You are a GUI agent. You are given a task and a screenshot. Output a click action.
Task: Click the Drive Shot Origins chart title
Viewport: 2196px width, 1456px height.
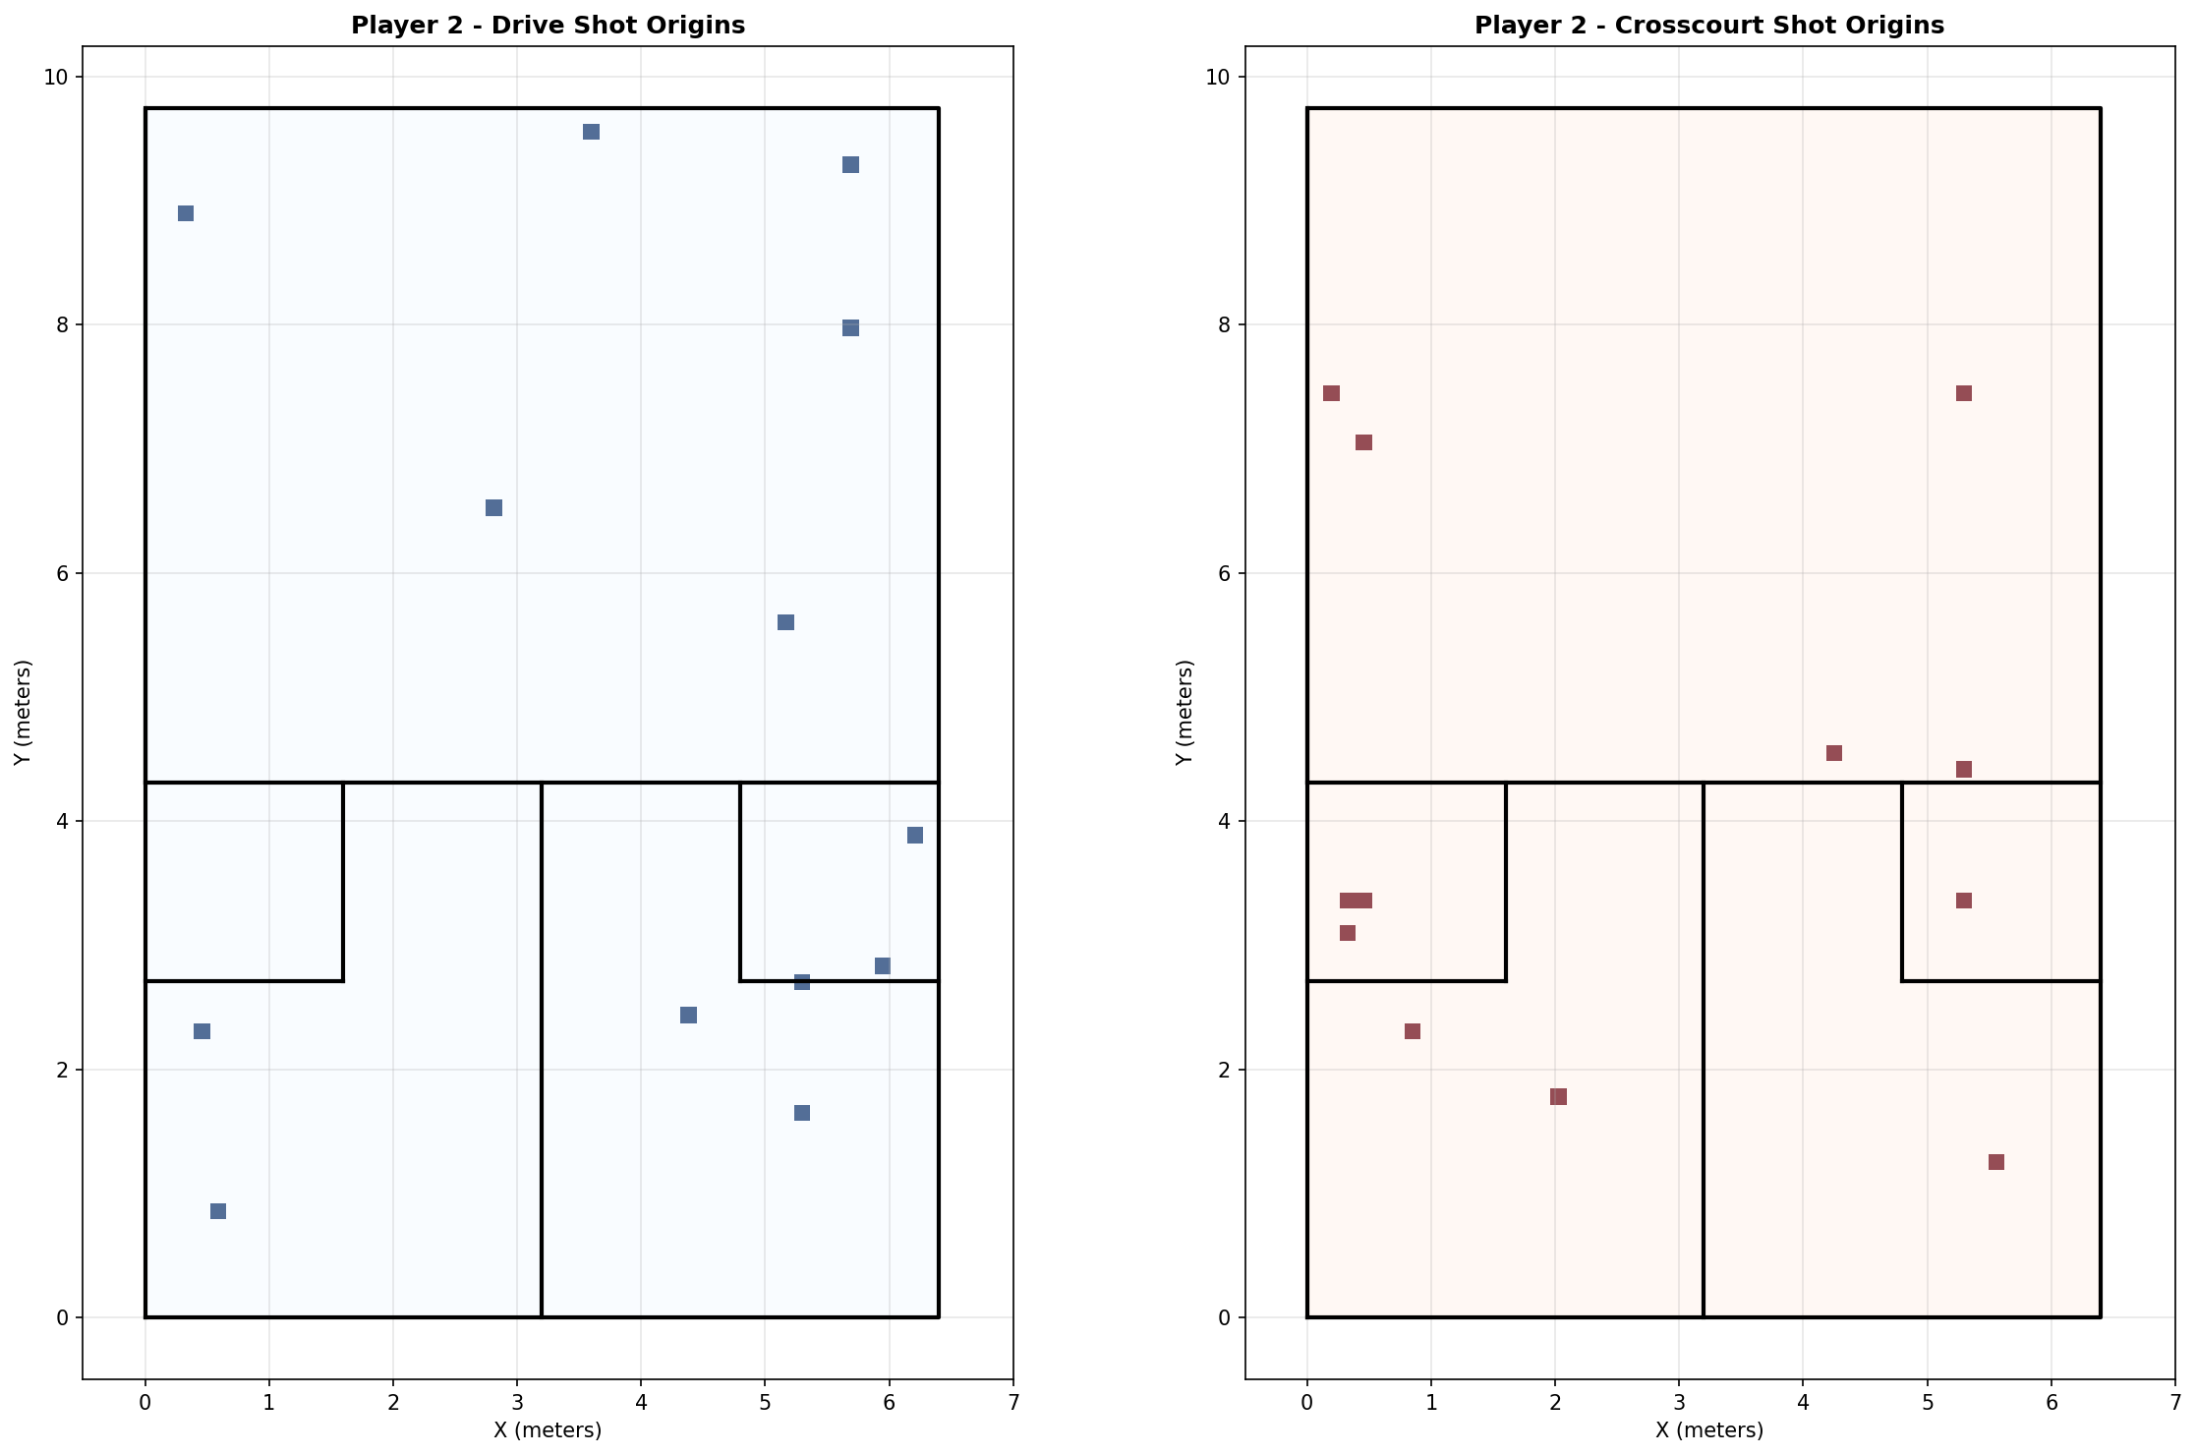(x=548, y=26)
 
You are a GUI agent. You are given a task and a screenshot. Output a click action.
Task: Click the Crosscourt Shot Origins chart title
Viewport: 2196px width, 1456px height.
(x=1709, y=26)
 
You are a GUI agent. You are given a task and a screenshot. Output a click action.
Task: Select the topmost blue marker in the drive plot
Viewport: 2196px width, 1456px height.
(x=591, y=132)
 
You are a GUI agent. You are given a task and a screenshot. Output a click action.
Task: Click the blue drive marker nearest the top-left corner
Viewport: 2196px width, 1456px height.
(x=186, y=213)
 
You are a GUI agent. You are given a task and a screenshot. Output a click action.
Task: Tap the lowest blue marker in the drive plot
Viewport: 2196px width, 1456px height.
(x=218, y=1211)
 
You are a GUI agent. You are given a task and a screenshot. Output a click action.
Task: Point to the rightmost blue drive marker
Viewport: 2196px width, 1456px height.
(x=915, y=836)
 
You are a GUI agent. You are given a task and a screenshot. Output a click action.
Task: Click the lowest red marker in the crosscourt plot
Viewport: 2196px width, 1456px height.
(x=1996, y=1162)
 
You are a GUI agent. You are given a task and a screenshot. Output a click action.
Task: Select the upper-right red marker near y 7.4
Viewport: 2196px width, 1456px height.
(x=1964, y=393)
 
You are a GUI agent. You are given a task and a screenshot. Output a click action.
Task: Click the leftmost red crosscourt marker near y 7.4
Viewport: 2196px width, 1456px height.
(x=1332, y=393)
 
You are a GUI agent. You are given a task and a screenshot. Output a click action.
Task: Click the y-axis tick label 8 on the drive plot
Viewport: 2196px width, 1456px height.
(x=62, y=325)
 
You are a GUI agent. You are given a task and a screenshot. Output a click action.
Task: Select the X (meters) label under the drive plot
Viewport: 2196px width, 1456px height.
(x=548, y=1430)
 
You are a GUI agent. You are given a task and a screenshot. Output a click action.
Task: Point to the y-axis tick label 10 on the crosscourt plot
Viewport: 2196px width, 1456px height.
(x=1218, y=78)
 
